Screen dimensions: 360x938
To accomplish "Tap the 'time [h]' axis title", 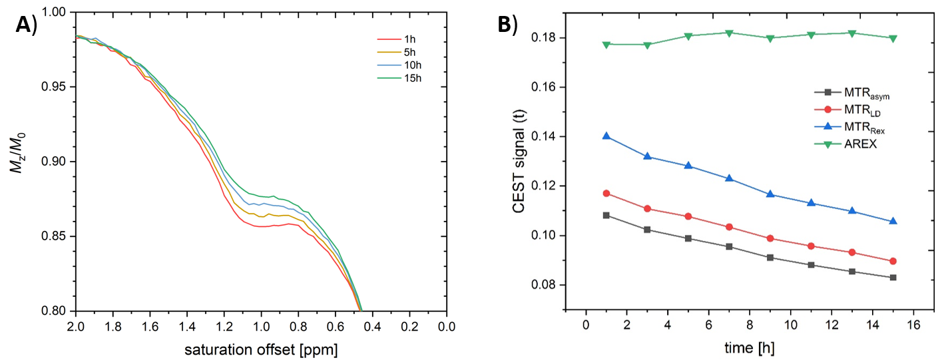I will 740,348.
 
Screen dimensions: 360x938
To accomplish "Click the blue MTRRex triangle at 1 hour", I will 606,136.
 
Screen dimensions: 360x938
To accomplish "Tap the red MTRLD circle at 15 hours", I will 893,261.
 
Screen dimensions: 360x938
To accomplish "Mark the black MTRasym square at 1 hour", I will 606,215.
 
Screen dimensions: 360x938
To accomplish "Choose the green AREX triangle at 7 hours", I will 729,33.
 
